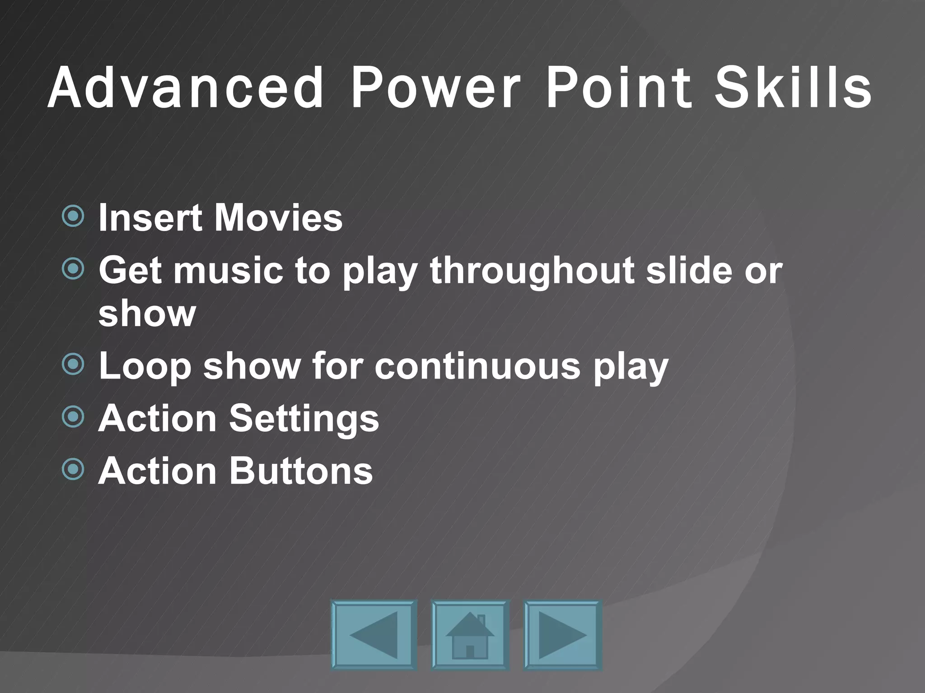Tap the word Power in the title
(435, 88)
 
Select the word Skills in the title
(792, 88)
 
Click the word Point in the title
(619, 88)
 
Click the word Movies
(278, 218)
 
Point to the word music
(228, 270)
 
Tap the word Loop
(145, 366)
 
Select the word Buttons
(301, 471)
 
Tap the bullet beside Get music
(73, 269)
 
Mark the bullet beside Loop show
(73, 365)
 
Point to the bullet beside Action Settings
(73, 417)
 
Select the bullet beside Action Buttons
(73, 470)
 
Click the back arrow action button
(374, 634)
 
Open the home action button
(470, 634)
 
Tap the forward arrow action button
(562, 634)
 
